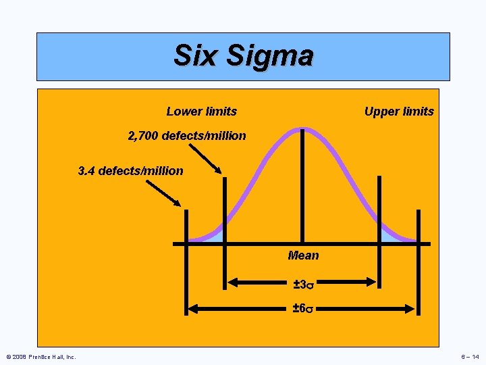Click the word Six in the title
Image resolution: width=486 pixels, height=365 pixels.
pos(196,55)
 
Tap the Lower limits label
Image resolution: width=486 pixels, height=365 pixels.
pos(201,112)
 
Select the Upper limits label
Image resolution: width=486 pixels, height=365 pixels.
pos(399,112)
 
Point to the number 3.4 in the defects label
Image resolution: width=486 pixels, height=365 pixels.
pos(86,171)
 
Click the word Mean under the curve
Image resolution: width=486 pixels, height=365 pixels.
pos(303,255)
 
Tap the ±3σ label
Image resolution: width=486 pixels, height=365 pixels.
pos(303,285)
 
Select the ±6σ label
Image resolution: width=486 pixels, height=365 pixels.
pos(303,309)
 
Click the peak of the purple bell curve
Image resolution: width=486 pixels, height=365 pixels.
pos(302,128)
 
